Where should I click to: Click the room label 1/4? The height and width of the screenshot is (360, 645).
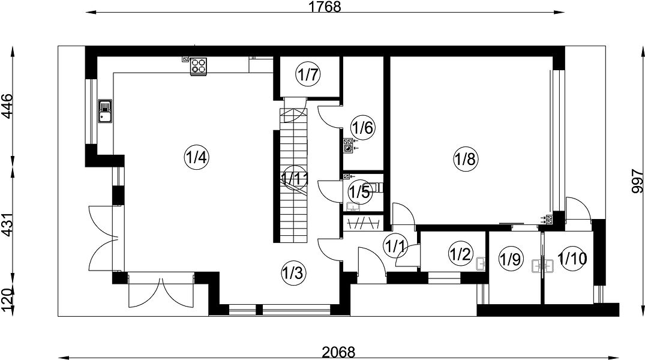tap(197, 157)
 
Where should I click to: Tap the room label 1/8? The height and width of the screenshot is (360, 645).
tap(466, 158)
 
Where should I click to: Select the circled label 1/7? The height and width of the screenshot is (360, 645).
tap(308, 75)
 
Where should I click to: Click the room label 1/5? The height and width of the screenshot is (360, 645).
tap(360, 191)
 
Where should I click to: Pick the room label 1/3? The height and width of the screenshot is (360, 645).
tap(293, 272)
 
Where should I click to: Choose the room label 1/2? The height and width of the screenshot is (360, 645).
tap(460, 254)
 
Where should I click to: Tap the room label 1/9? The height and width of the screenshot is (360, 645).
tap(511, 259)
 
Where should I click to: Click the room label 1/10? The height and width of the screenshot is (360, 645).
tap(572, 259)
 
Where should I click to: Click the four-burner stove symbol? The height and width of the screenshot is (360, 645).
tap(198, 66)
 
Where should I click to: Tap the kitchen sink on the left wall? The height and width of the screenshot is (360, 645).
tap(106, 111)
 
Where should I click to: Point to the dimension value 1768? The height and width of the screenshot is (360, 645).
tap(325, 7)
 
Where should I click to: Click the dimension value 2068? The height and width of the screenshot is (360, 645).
tap(338, 352)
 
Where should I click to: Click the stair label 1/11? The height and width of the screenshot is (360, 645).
tap(295, 178)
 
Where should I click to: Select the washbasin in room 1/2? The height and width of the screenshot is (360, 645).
tap(481, 263)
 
